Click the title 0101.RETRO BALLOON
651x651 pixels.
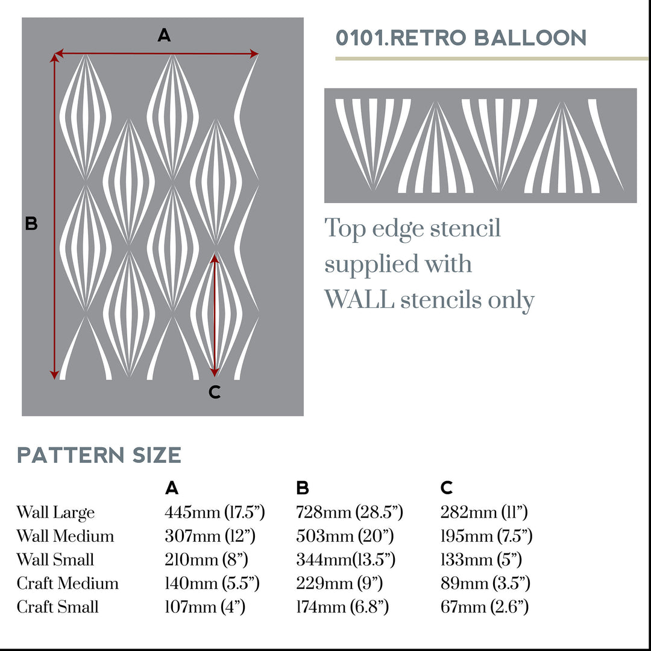coord(461,38)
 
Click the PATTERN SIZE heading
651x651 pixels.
coord(99,455)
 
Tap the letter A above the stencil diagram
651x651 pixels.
coord(164,36)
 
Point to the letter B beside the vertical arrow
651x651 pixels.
coord(31,224)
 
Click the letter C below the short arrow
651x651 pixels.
coord(215,392)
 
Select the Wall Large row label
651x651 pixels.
coord(55,513)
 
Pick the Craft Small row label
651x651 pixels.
coord(57,606)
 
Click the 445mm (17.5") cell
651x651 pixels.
coord(215,513)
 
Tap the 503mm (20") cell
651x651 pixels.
coord(344,536)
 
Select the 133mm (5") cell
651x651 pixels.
coord(481,559)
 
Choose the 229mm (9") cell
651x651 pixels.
coord(339,583)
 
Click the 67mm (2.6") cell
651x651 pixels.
coord(485,606)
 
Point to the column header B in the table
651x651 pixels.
coord(303,488)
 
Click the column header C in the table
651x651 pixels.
coord(447,488)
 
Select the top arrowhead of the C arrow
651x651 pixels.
coord(214,258)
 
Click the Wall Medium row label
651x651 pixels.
coord(65,536)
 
